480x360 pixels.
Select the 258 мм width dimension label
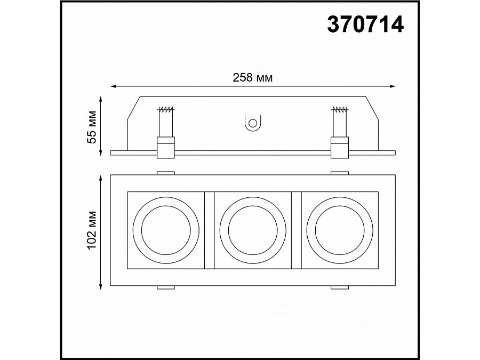coord(253,78)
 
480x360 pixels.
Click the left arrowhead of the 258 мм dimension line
coord(113,86)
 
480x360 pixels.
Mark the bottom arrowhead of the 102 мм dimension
coord(101,286)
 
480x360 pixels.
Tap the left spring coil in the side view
coord(166,110)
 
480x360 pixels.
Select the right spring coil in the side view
coord(339,110)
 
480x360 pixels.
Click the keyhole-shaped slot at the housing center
coord(252,123)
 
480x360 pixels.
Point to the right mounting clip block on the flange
coord(339,148)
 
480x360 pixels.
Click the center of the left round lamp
coord(165,230)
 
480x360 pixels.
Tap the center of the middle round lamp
coord(252,230)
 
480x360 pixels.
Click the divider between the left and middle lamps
coord(209,230)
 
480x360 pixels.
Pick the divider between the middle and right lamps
coord(296,230)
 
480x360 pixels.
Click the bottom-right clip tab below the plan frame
coord(339,288)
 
